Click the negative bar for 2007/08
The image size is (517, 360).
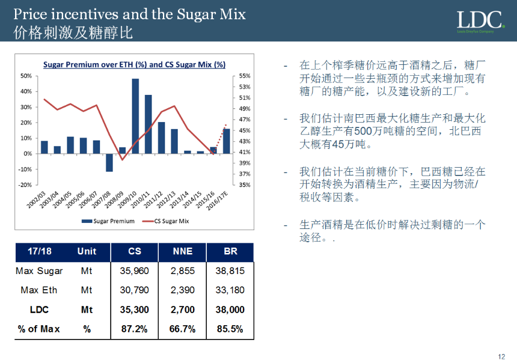pos(109,162)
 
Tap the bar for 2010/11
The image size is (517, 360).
pos(148,124)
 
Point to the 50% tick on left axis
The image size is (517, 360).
pos(26,76)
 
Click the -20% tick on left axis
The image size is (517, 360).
pos(26,185)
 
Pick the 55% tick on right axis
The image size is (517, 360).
pos(245,76)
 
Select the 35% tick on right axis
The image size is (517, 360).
pos(245,185)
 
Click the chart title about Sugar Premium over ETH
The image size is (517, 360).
pos(134,65)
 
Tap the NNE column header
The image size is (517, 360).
pos(182,252)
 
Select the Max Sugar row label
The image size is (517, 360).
pos(39,271)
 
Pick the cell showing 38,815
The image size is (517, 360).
pos(230,271)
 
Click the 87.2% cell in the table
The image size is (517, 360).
pos(135,329)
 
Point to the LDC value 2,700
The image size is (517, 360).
pos(182,310)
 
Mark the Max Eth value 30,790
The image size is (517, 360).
pos(135,290)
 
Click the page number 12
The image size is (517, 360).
pos(501,356)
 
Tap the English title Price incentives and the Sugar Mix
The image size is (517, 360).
pos(130,14)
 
